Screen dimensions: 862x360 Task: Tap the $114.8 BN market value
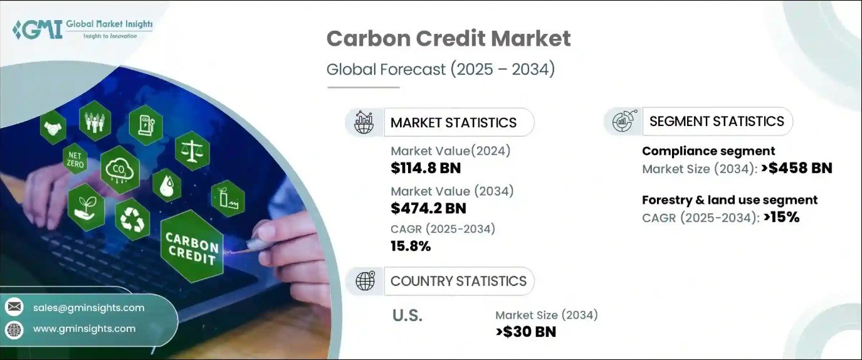(x=426, y=168)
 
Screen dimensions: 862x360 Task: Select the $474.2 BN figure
(x=428, y=208)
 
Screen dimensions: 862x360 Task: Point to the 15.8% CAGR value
(x=411, y=246)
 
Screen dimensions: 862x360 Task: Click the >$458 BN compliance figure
(x=797, y=168)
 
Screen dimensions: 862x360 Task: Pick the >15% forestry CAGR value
(x=782, y=217)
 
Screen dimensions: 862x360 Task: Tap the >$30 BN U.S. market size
(x=526, y=332)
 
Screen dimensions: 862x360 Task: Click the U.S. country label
(x=407, y=315)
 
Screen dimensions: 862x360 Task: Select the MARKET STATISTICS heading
(x=453, y=122)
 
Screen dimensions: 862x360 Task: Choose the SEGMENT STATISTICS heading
(x=717, y=121)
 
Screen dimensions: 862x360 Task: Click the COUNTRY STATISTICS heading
(x=458, y=281)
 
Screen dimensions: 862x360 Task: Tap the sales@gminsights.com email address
(x=88, y=308)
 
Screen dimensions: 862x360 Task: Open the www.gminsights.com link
(x=84, y=329)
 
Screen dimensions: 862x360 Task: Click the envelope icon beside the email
(x=14, y=307)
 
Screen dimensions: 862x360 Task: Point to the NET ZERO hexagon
(x=75, y=159)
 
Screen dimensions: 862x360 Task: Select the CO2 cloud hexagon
(x=120, y=170)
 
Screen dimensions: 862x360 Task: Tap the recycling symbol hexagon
(x=132, y=220)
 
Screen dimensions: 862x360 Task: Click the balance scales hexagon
(x=192, y=151)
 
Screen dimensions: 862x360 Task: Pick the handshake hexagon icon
(x=53, y=127)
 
